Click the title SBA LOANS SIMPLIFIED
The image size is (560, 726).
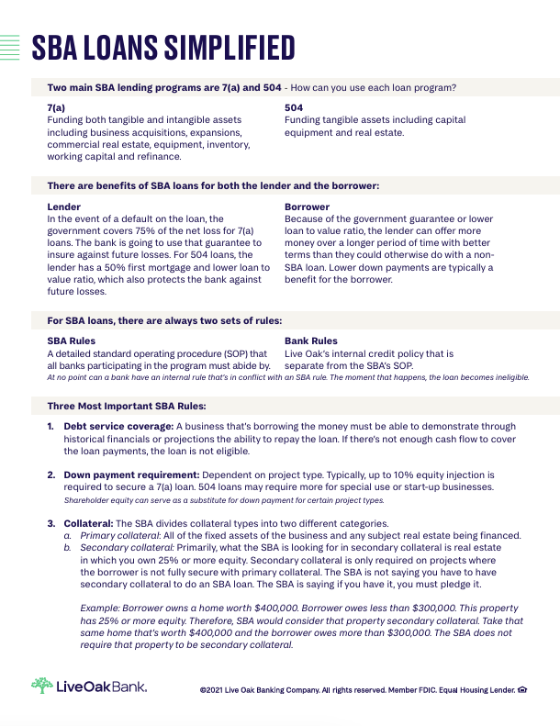coord(163,48)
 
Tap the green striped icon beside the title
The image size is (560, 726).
coord(10,47)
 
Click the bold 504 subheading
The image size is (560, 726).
coord(293,108)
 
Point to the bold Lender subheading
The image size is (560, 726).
coord(64,207)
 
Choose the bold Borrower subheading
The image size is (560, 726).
coord(308,207)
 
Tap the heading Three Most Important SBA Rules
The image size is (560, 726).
coord(127,406)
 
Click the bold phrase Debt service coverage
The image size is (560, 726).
coord(117,427)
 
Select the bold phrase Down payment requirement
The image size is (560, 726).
coord(127,475)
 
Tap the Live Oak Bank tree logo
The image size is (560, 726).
coord(41,686)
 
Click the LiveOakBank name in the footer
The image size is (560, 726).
coord(101,687)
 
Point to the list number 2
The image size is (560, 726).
coord(51,475)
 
